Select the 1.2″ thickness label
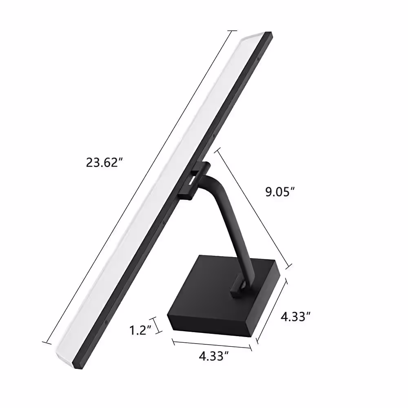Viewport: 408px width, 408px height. pyautogui.click(x=140, y=330)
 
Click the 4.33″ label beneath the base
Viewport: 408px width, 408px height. pyautogui.click(x=214, y=356)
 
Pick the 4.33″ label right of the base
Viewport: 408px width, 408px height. pyautogui.click(x=295, y=317)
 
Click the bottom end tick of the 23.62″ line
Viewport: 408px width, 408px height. pyautogui.click(x=47, y=342)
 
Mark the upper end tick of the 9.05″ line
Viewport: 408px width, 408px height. pyautogui.click(x=217, y=151)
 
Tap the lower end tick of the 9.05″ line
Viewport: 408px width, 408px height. pyautogui.click(x=288, y=266)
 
